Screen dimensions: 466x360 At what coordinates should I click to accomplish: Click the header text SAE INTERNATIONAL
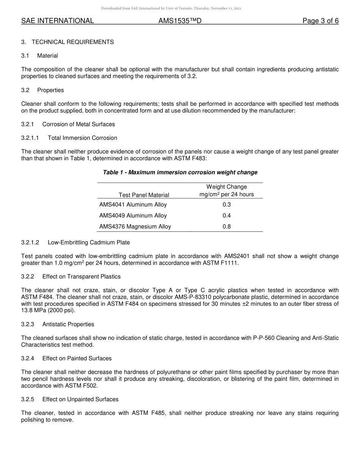pos(58,21)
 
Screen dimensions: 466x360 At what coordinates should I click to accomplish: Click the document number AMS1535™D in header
pos(180,21)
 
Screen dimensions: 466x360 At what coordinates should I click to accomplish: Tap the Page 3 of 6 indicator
pos(320,21)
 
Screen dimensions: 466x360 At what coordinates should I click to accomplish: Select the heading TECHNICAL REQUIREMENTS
pos(72,42)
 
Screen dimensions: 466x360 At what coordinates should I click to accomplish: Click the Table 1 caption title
pos(180,172)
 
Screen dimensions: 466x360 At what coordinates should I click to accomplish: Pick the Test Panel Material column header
pos(144,195)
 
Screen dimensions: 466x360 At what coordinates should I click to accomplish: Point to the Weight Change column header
pos(227,187)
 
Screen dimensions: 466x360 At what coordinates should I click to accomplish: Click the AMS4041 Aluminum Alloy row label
pos(133,205)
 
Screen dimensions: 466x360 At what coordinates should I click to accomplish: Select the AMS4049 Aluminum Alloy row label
pos(133,216)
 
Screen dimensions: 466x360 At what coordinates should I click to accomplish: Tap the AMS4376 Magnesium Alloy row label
pos(135,227)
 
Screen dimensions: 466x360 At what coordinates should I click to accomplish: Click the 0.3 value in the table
pos(227,205)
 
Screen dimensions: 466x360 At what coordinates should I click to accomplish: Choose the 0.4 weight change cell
pos(227,216)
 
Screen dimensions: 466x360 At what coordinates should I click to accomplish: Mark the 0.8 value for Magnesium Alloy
pos(227,227)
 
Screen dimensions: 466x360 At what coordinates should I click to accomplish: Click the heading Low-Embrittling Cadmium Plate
pos(89,242)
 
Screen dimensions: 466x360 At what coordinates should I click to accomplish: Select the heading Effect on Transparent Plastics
pos(81,277)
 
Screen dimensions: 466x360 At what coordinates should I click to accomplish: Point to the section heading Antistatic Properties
pos(68,324)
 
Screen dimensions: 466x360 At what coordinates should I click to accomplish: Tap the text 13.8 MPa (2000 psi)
pos(48,311)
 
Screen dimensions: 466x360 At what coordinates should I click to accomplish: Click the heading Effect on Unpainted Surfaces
pos(80,399)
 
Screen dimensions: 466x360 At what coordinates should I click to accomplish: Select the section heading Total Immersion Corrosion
pos(83,138)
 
